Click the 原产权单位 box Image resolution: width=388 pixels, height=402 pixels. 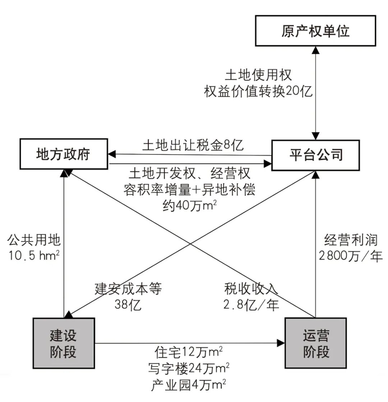pyautogui.click(x=315, y=31)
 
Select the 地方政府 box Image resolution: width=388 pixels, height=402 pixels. pyautogui.click(x=63, y=154)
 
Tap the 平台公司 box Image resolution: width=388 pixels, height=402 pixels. pyautogui.click(x=316, y=155)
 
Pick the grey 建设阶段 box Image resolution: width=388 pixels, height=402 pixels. pyautogui.click(x=63, y=343)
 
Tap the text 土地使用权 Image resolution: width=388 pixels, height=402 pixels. pyautogui.click(x=258, y=75)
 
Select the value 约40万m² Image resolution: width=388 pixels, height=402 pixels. pyautogui.click(x=190, y=206)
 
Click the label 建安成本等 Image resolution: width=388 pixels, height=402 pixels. pyautogui.click(x=128, y=289)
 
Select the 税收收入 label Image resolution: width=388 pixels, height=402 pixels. pyautogui.click(x=251, y=289)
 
